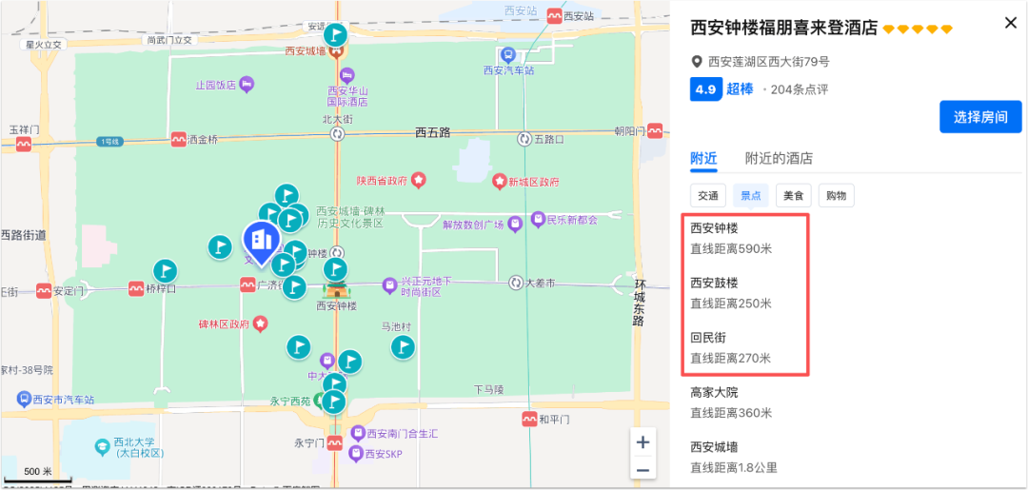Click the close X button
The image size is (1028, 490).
pos(1011,23)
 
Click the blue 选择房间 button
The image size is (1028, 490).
pos(980,117)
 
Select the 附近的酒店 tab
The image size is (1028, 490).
pos(779,159)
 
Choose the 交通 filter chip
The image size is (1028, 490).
pos(708,196)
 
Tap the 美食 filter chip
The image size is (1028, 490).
pos(793,196)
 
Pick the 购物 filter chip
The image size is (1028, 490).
pos(836,196)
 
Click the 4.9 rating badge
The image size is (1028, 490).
pos(705,89)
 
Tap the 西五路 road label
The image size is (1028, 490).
pos(432,132)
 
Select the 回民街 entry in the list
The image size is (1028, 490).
pos(708,338)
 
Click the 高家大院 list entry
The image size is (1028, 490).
pos(714,392)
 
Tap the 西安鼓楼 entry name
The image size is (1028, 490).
pos(714,283)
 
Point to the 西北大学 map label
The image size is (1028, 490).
pos(133,442)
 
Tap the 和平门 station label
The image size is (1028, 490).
pos(553,419)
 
